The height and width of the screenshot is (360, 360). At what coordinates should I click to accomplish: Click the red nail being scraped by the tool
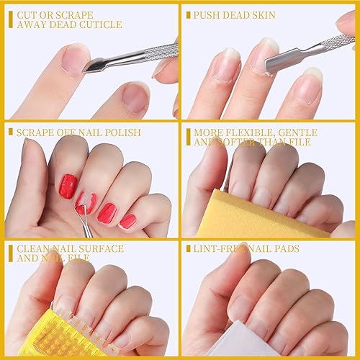[85, 202]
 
